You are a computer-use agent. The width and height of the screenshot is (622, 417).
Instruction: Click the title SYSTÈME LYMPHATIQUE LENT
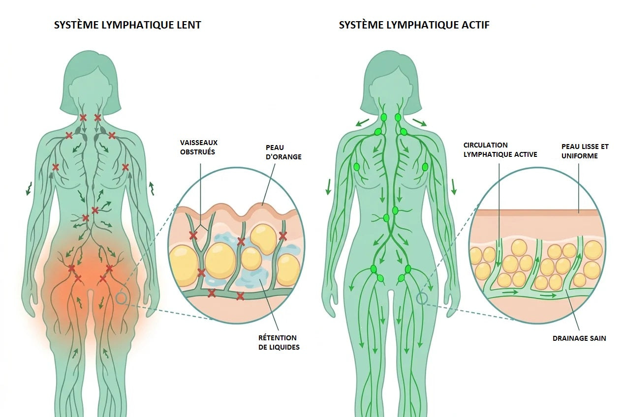[127, 25]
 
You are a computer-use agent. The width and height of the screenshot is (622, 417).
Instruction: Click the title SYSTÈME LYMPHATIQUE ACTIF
[414, 25]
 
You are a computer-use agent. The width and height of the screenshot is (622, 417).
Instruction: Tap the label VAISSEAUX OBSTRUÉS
[199, 148]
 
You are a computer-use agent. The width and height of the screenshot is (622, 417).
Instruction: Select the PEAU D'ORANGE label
[283, 152]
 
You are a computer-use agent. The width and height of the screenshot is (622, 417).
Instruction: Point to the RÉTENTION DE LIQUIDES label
[279, 342]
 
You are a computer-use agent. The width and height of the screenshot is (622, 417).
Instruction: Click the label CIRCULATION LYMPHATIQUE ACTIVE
[500, 150]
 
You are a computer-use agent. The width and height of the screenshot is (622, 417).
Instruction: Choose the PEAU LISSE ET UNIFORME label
[585, 151]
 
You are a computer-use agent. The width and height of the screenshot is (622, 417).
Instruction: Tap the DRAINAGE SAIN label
[579, 338]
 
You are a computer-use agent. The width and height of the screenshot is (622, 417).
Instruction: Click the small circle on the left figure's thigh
[122, 298]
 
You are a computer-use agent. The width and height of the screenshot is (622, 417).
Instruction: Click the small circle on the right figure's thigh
[422, 298]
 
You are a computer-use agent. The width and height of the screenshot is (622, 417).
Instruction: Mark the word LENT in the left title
[189, 25]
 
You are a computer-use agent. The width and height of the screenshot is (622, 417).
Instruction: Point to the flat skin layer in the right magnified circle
[537, 213]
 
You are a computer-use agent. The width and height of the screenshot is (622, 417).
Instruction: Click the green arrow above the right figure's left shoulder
[362, 122]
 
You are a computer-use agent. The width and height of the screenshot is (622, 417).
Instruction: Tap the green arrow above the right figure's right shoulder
[420, 122]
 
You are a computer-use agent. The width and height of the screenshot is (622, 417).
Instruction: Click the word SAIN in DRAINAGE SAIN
[597, 338]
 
